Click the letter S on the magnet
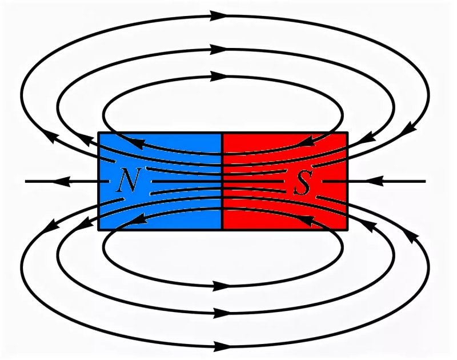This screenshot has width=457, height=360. tap(303, 183)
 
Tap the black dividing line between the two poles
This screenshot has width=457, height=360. tap(223, 181)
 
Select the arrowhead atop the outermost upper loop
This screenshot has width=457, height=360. tap(219, 16)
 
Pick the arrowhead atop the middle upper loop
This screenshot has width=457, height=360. tap(219, 49)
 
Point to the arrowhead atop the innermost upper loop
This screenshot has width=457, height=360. tap(219, 76)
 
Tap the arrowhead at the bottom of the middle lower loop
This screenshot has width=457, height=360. tap(222, 313)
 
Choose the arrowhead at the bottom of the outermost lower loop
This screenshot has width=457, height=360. tap(222, 347)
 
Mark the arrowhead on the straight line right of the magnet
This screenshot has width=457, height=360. tap(375, 181)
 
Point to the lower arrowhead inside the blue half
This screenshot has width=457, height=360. tap(137, 219)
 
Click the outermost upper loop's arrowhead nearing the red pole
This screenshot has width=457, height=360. tap(408, 129)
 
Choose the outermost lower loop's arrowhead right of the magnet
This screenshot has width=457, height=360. tap(409, 235)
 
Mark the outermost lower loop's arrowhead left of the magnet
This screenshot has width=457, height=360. tap(49, 226)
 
